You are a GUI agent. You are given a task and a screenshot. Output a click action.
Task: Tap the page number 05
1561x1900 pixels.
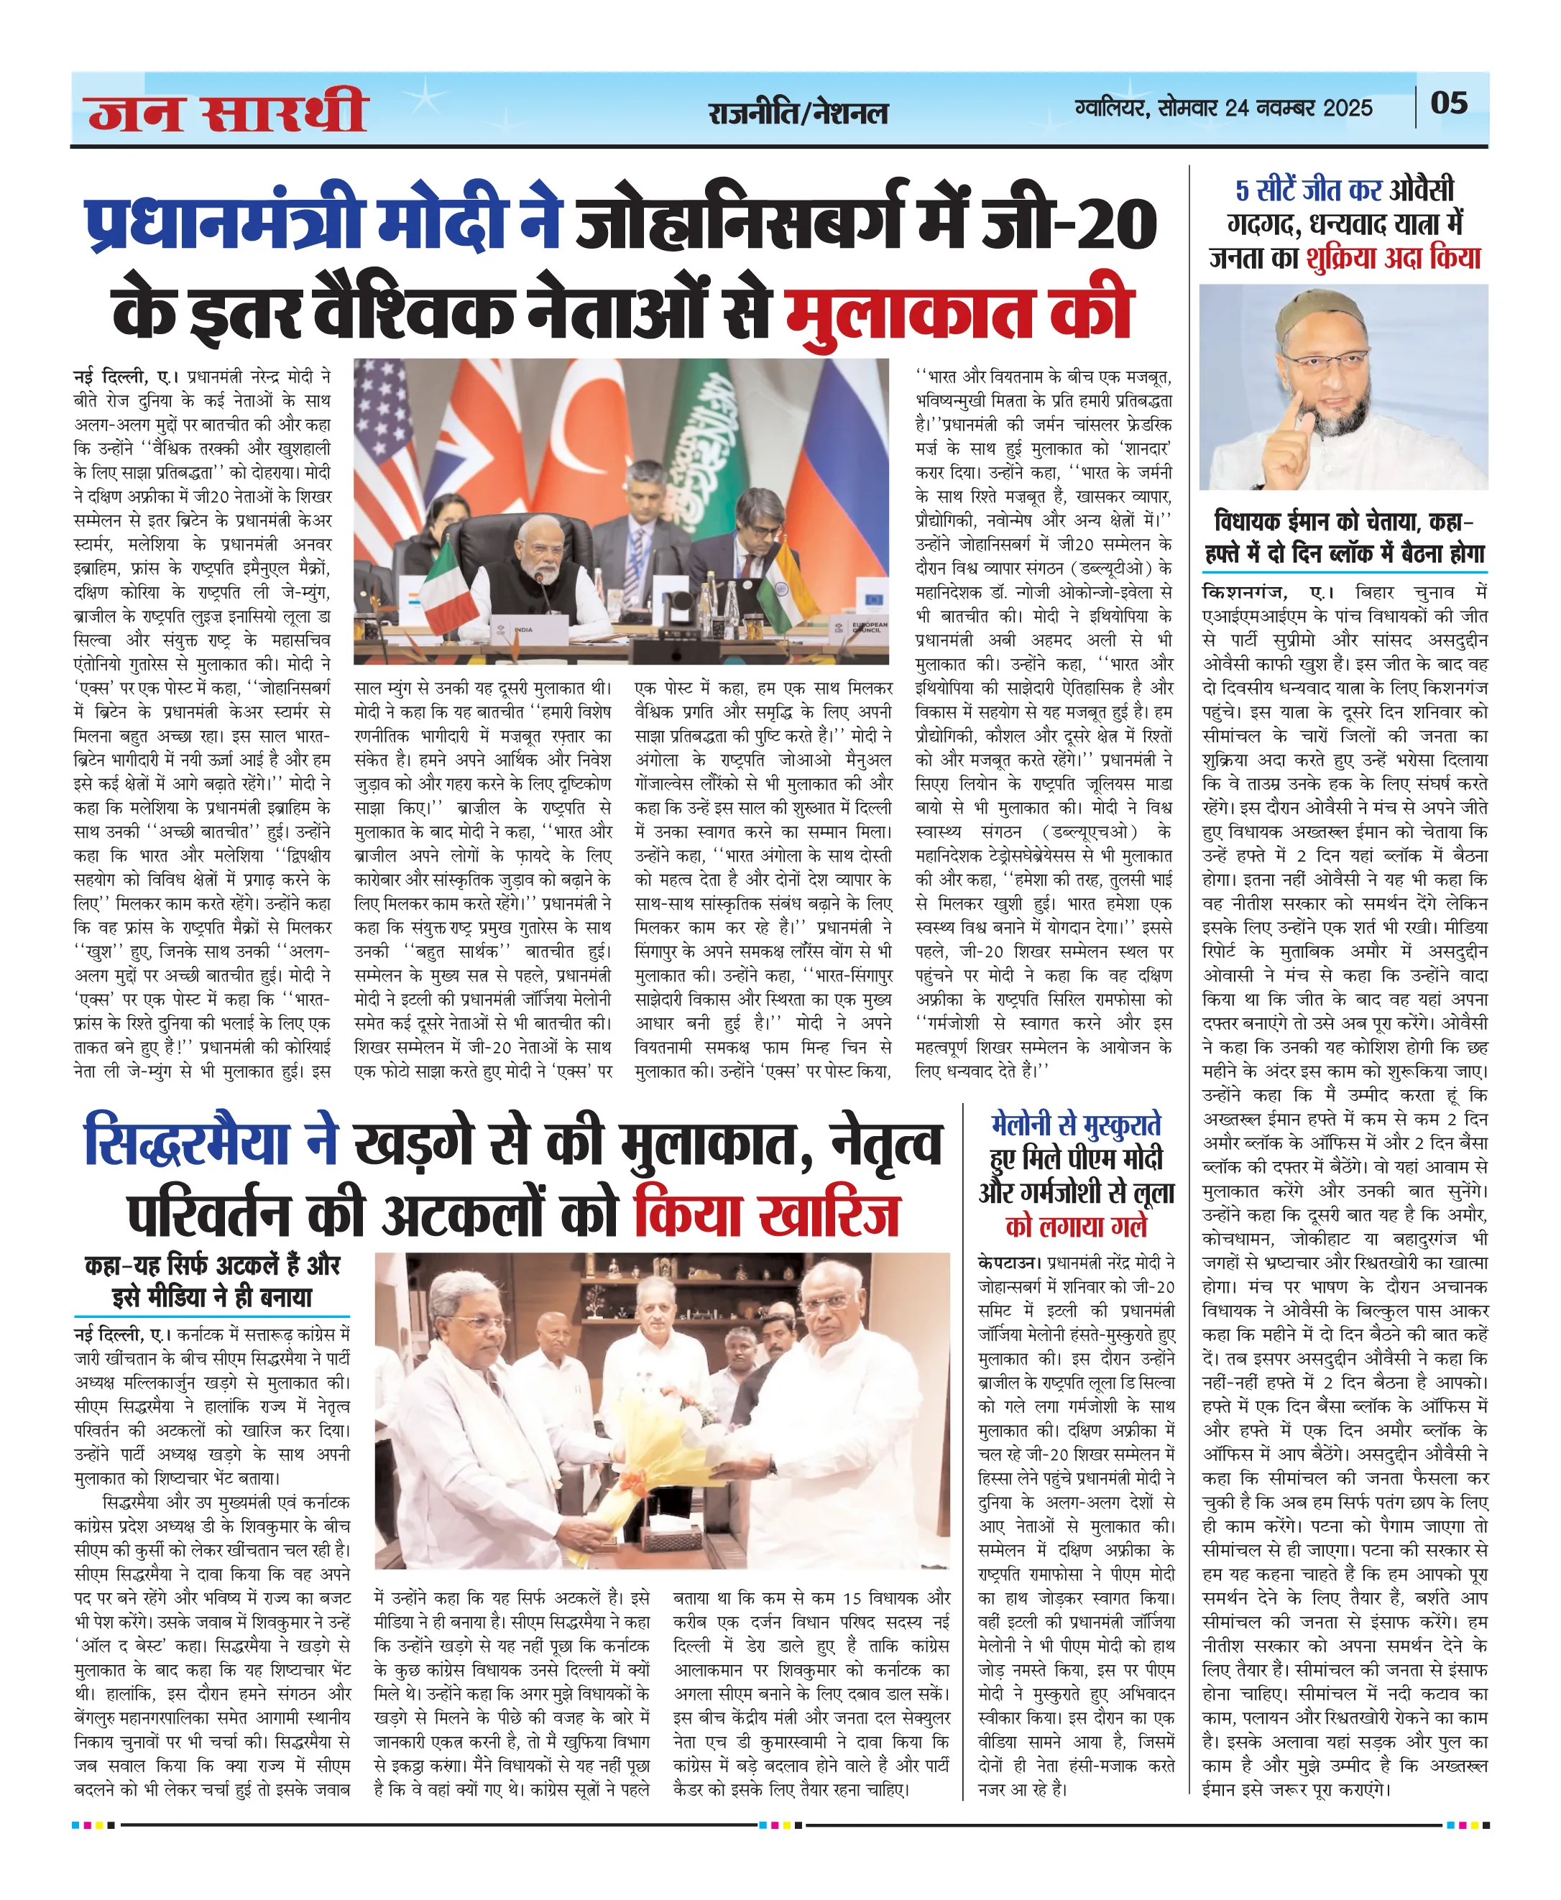click(1449, 103)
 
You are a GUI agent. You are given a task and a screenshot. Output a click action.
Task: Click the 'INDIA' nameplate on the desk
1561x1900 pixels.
click(522, 630)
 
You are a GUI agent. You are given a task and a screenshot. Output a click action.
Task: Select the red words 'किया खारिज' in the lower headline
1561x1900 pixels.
click(766, 1216)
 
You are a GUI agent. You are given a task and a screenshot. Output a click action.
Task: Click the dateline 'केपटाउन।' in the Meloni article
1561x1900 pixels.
click(1010, 1263)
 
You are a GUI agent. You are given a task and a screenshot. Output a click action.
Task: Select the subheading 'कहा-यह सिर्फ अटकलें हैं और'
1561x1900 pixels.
click(212, 1265)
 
